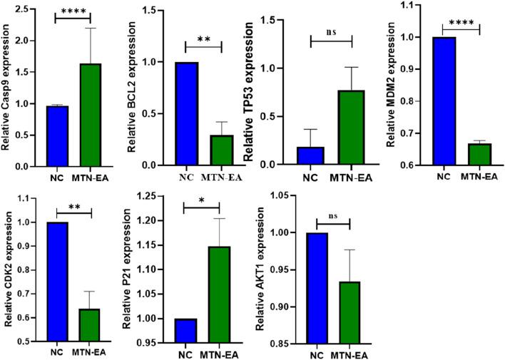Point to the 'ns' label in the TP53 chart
point(330,31)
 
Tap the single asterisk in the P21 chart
point(203,198)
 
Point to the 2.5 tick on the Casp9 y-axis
point(31,9)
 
